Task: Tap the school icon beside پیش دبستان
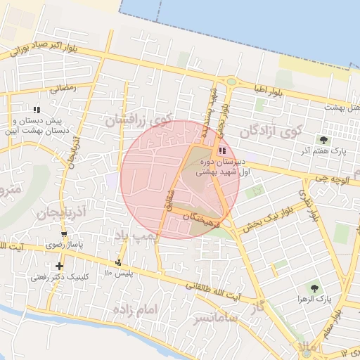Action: pos(37,109)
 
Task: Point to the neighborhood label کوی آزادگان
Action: pos(270,130)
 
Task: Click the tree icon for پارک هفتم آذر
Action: pos(324,139)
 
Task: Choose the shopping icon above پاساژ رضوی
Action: pos(65,235)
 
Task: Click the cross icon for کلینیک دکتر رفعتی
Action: pos(60,266)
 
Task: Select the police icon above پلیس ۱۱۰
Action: pos(117,262)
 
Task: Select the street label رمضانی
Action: pos(62,89)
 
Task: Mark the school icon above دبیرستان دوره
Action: pos(222,150)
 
